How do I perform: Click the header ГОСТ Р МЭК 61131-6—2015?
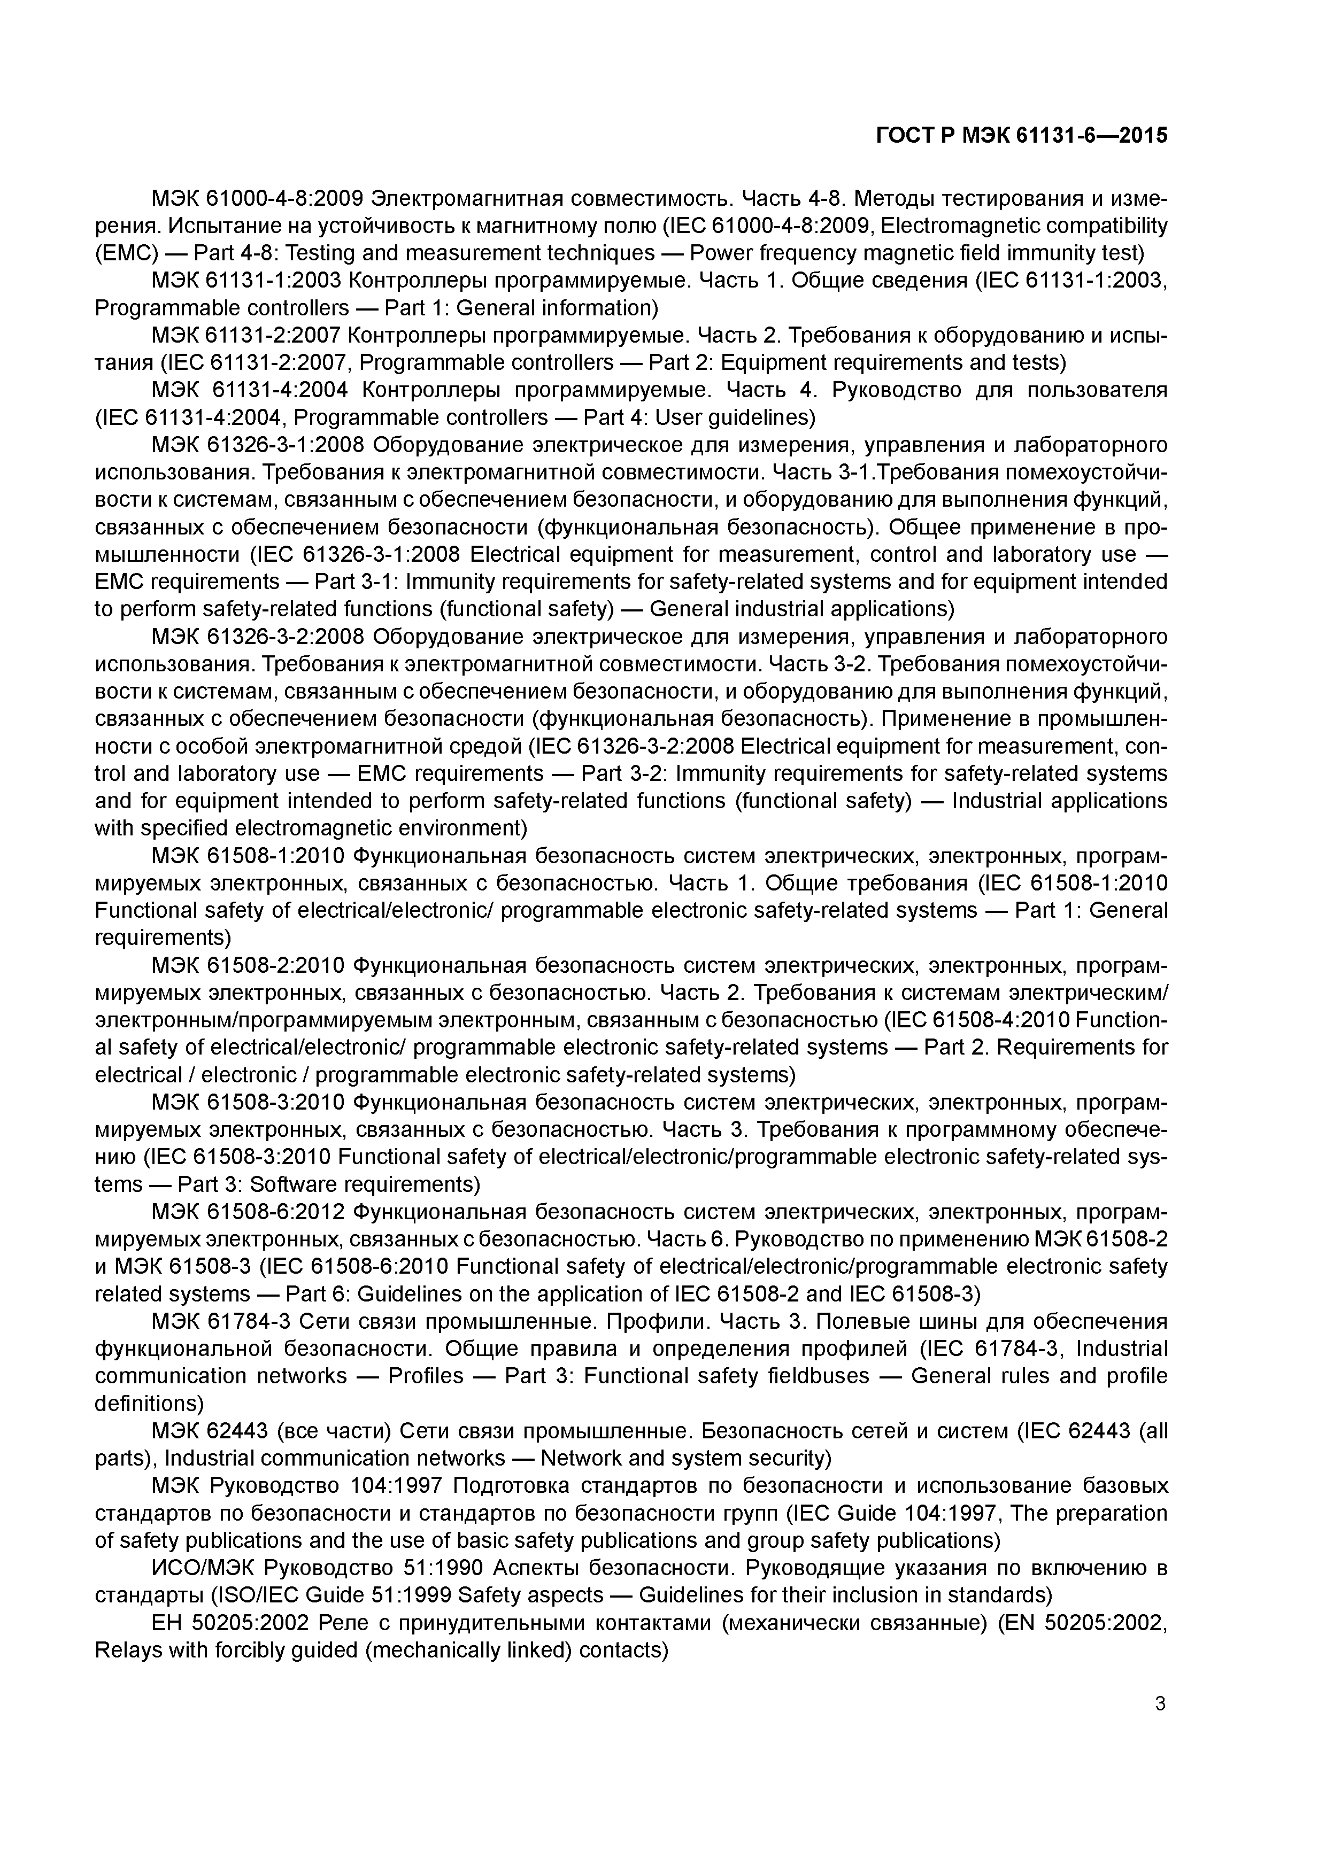(x=1021, y=136)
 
